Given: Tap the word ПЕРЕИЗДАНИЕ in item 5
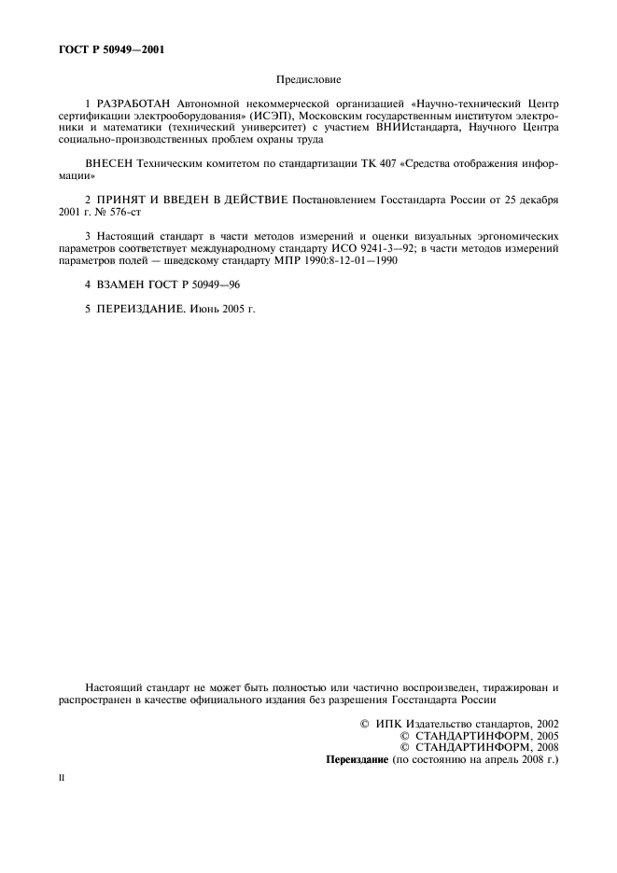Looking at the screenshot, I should tap(142, 308).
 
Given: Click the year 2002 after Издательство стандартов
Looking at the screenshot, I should tap(542, 722).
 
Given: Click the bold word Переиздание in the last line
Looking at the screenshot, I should tap(356, 759).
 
